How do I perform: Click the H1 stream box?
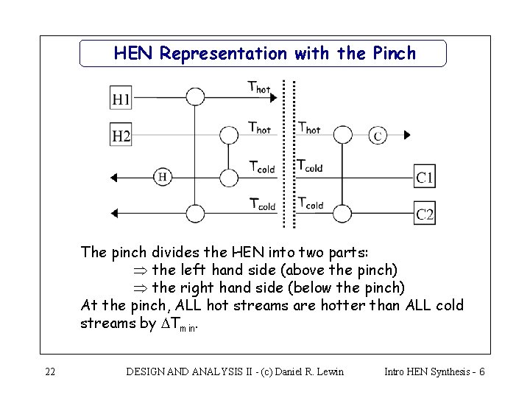coord(121,97)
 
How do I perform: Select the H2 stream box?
coord(121,136)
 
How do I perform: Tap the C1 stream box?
coord(425,177)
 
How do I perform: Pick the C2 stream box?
coord(425,214)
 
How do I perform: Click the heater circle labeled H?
coord(163,176)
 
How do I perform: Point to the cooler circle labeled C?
coord(378,135)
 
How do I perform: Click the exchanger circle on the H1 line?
coord(194,97)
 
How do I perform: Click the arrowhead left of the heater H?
coord(114,176)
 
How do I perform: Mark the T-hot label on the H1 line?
coord(259,86)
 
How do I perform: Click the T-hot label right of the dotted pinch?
coord(308,127)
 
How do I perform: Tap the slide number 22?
coord(49,371)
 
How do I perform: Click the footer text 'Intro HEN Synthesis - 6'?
coord(434,371)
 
